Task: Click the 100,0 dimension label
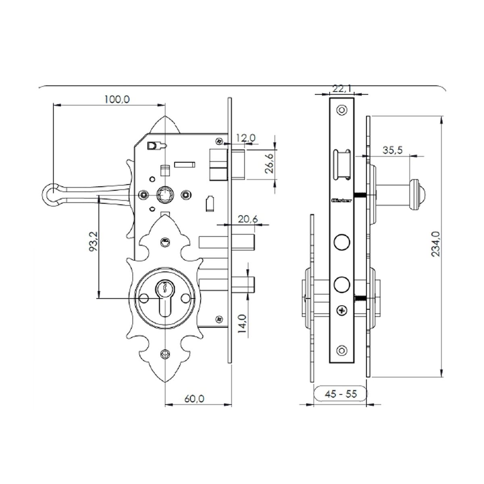(x=117, y=99)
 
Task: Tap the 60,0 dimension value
(x=194, y=398)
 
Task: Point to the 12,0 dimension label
(x=246, y=138)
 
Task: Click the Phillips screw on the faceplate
(x=342, y=311)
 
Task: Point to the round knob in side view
(x=415, y=194)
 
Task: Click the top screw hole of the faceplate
(x=342, y=110)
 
